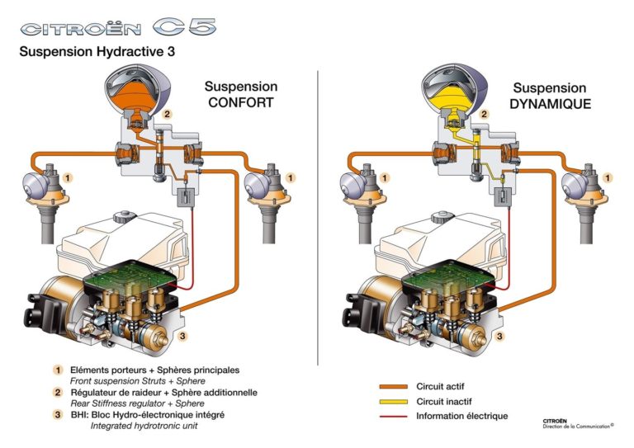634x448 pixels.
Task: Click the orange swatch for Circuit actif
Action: (x=394, y=385)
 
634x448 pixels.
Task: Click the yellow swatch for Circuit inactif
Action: (x=394, y=401)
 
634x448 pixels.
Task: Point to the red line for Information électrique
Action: (x=394, y=416)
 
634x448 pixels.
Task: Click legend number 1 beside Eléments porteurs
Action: (x=59, y=370)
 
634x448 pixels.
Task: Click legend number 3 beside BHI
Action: (x=59, y=414)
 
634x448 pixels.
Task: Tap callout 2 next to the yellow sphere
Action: (x=484, y=115)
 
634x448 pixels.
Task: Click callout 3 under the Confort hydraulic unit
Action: (x=183, y=336)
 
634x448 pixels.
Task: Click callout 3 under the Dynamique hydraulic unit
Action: (x=500, y=336)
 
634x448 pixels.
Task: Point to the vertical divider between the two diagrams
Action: (x=318, y=215)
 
